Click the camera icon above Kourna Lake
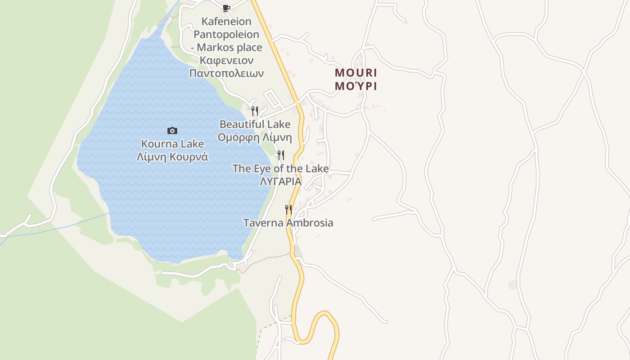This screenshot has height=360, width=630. pyautogui.click(x=172, y=130)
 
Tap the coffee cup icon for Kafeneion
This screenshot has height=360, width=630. pyautogui.click(x=226, y=8)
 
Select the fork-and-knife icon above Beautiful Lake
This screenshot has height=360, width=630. pyautogui.click(x=255, y=111)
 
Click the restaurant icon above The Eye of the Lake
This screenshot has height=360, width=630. pyautogui.click(x=280, y=155)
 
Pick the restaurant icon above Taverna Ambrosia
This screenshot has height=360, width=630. pyautogui.click(x=288, y=210)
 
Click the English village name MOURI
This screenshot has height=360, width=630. pyautogui.click(x=356, y=73)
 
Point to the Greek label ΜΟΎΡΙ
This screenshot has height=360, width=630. pyautogui.click(x=356, y=86)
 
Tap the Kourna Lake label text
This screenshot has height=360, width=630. pyautogui.click(x=172, y=144)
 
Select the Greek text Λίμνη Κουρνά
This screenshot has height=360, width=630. pyautogui.click(x=172, y=157)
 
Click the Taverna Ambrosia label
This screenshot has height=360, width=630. pyautogui.click(x=288, y=223)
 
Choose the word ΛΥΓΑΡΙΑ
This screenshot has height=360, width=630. pyautogui.click(x=280, y=181)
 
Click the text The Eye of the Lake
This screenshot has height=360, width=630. pyautogui.click(x=280, y=169)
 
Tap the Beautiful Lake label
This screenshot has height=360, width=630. pyautogui.click(x=255, y=124)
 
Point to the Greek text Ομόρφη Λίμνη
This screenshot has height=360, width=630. pyautogui.click(x=255, y=137)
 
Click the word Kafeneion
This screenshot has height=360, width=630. pyautogui.click(x=226, y=21)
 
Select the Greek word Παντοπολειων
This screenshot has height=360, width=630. pyautogui.click(x=226, y=73)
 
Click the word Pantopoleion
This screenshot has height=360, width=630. pyautogui.click(x=226, y=34)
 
